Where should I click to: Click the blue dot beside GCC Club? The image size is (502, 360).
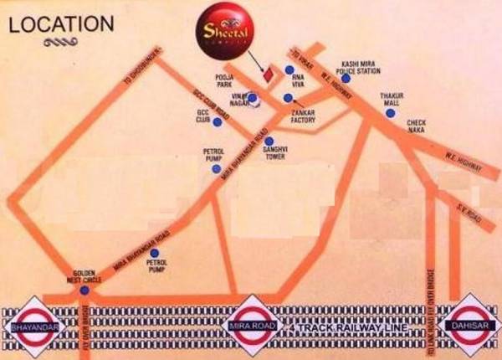coord(217,122)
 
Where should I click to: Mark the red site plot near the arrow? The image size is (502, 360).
coord(268,75)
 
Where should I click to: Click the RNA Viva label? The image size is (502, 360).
coord(300,80)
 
